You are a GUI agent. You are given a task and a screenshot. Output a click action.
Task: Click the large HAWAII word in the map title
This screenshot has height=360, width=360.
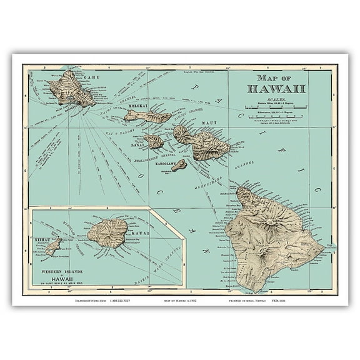point(277,88)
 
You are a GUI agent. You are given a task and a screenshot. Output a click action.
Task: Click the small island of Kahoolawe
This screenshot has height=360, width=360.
point(179,165)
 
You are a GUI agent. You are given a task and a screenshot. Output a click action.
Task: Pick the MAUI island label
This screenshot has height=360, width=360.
point(214,120)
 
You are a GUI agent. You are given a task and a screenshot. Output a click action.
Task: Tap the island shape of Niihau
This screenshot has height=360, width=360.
point(54,244)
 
